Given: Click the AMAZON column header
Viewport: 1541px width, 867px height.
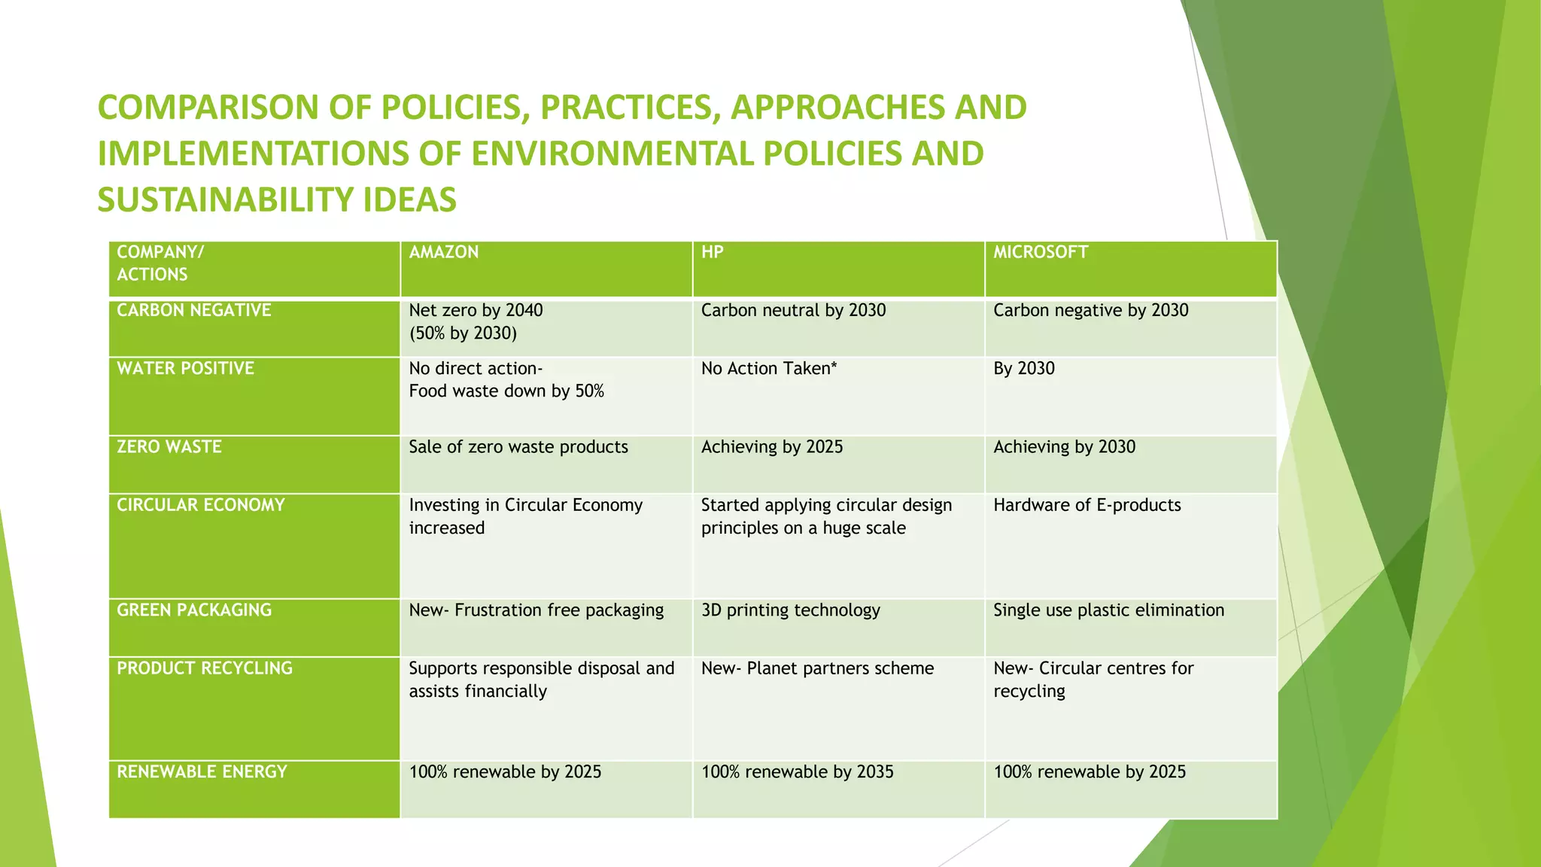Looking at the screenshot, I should tap(444, 252).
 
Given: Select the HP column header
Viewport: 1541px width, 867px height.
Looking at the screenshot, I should tap(712, 252).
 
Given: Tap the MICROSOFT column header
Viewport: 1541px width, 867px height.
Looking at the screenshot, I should tap(1041, 252).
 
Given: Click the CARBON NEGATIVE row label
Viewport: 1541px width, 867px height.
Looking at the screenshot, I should tap(194, 310).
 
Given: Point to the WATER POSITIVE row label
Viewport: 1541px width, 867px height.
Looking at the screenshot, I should tap(186, 368).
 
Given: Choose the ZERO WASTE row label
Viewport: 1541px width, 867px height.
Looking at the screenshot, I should tap(169, 446).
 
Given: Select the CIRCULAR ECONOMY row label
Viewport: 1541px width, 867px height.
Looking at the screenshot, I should tap(201, 505).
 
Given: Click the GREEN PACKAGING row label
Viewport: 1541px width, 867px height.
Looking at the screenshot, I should tap(194, 610).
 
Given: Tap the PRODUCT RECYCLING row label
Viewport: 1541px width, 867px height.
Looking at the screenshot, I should tap(205, 668).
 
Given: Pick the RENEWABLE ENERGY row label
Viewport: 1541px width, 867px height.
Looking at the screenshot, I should tap(202, 771).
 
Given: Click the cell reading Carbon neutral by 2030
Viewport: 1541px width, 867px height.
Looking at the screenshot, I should tap(793, 310).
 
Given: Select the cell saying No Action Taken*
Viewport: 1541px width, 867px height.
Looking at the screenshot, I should tap(769, 368).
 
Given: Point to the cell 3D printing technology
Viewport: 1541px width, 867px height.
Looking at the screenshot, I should tap(790, 610).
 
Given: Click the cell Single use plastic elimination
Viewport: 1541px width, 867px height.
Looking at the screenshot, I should tap(1108, 610).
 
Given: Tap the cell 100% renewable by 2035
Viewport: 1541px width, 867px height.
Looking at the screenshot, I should tap(797, 771).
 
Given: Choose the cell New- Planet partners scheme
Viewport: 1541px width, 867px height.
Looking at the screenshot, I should tap(817, 668).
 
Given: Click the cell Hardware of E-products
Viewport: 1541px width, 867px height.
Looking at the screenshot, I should tap(1087, 505).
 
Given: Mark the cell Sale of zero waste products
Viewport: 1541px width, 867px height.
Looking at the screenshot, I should tap(518, 446).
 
